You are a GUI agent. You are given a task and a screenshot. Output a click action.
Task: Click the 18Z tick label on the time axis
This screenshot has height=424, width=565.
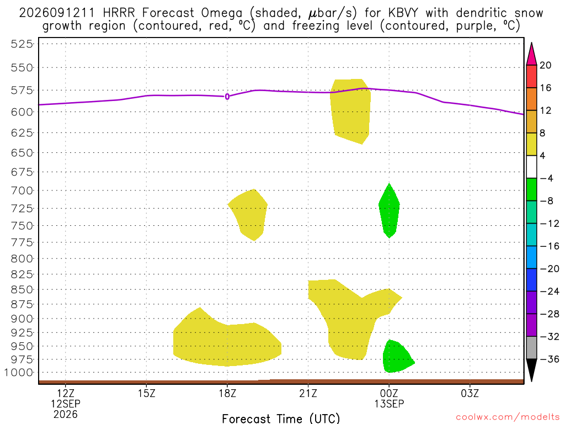point(227,393)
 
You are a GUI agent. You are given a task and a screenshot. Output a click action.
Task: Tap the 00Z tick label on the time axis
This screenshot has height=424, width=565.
point(389,393)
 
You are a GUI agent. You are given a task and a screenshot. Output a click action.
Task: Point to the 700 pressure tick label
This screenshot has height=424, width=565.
point(22,190)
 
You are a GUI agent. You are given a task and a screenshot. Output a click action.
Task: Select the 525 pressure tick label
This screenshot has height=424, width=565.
point(22,44)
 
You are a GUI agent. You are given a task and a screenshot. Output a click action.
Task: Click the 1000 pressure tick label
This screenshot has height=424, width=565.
point(19,373)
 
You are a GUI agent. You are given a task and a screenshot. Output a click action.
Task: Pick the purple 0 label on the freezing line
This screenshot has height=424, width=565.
point(227,97)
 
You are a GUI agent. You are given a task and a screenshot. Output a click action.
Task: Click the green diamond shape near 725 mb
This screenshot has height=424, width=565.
point(389,211)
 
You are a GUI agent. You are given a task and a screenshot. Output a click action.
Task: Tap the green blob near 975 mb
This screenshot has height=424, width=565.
point(398,356)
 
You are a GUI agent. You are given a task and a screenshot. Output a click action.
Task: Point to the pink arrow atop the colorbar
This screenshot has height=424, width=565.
point(531,54)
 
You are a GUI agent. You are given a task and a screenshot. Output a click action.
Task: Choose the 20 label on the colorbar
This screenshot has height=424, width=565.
point(546,65)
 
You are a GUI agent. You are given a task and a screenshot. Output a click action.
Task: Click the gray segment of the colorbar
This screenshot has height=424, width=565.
point(531,348)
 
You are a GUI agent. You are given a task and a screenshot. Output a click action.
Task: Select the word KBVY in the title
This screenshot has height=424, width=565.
point(403,13)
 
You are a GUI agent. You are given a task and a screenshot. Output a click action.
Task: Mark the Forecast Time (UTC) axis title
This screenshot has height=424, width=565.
point(281,418)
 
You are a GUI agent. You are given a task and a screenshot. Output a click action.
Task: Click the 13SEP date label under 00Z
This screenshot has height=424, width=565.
point(389,404)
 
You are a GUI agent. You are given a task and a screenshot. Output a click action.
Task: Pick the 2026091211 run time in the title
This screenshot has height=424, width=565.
point(57,13)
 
